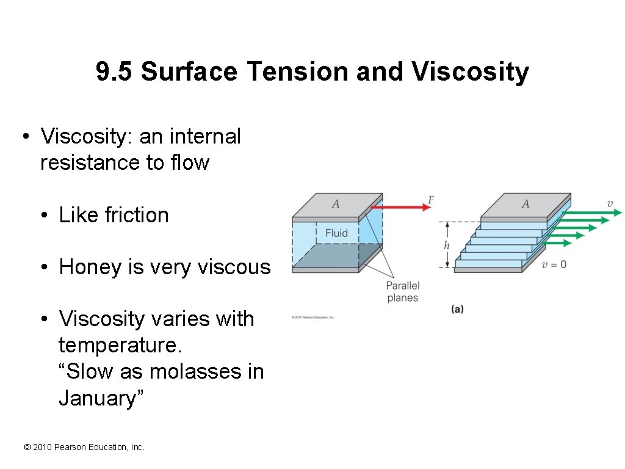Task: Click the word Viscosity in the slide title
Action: point(470,72)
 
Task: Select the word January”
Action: point(101,398)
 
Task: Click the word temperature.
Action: point(120,346)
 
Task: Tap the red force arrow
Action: point(400,207)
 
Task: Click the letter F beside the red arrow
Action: point(431,200)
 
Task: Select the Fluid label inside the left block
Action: point(336,233)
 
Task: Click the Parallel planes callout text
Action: point(402,292)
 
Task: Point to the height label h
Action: point(447,245)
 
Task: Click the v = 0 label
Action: point(554,264)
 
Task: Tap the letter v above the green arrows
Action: point(610,203)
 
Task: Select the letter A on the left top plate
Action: point(335,204)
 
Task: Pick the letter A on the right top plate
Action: point(525,204)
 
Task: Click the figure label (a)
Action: point(457,309)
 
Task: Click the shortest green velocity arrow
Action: point(557,242)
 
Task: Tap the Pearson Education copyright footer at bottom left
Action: point(84,448)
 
